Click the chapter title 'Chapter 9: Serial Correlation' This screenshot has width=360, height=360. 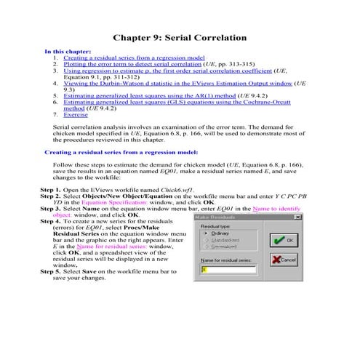click(x=180, y=37)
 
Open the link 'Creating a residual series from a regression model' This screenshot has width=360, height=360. click(x=135, y=57)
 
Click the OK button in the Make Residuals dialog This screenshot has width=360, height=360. click(x=286, y=239)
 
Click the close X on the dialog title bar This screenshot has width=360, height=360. click(x=297, y=217)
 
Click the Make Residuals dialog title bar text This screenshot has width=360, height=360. click(x=219, y=217)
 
